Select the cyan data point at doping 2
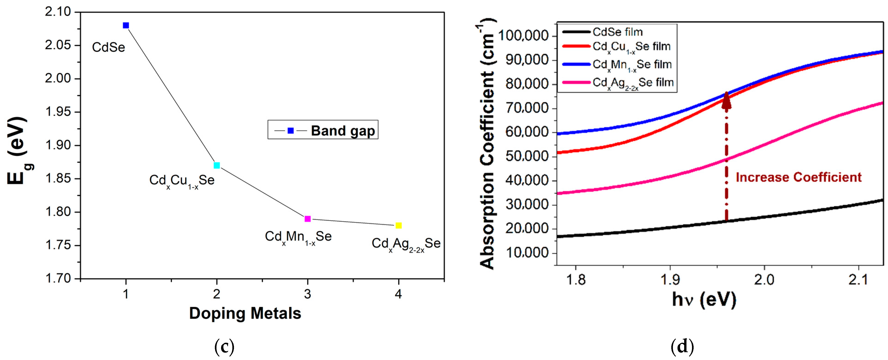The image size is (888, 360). click(x=216, y=165)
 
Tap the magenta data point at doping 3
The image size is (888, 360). click(x=308, y=219)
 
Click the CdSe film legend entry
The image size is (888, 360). click(x=617, y=32)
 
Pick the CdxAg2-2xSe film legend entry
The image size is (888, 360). click(x=633, y=83)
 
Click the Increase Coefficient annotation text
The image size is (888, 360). click(x=798, y=177)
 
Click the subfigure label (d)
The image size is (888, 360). click(x=682, y=346)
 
